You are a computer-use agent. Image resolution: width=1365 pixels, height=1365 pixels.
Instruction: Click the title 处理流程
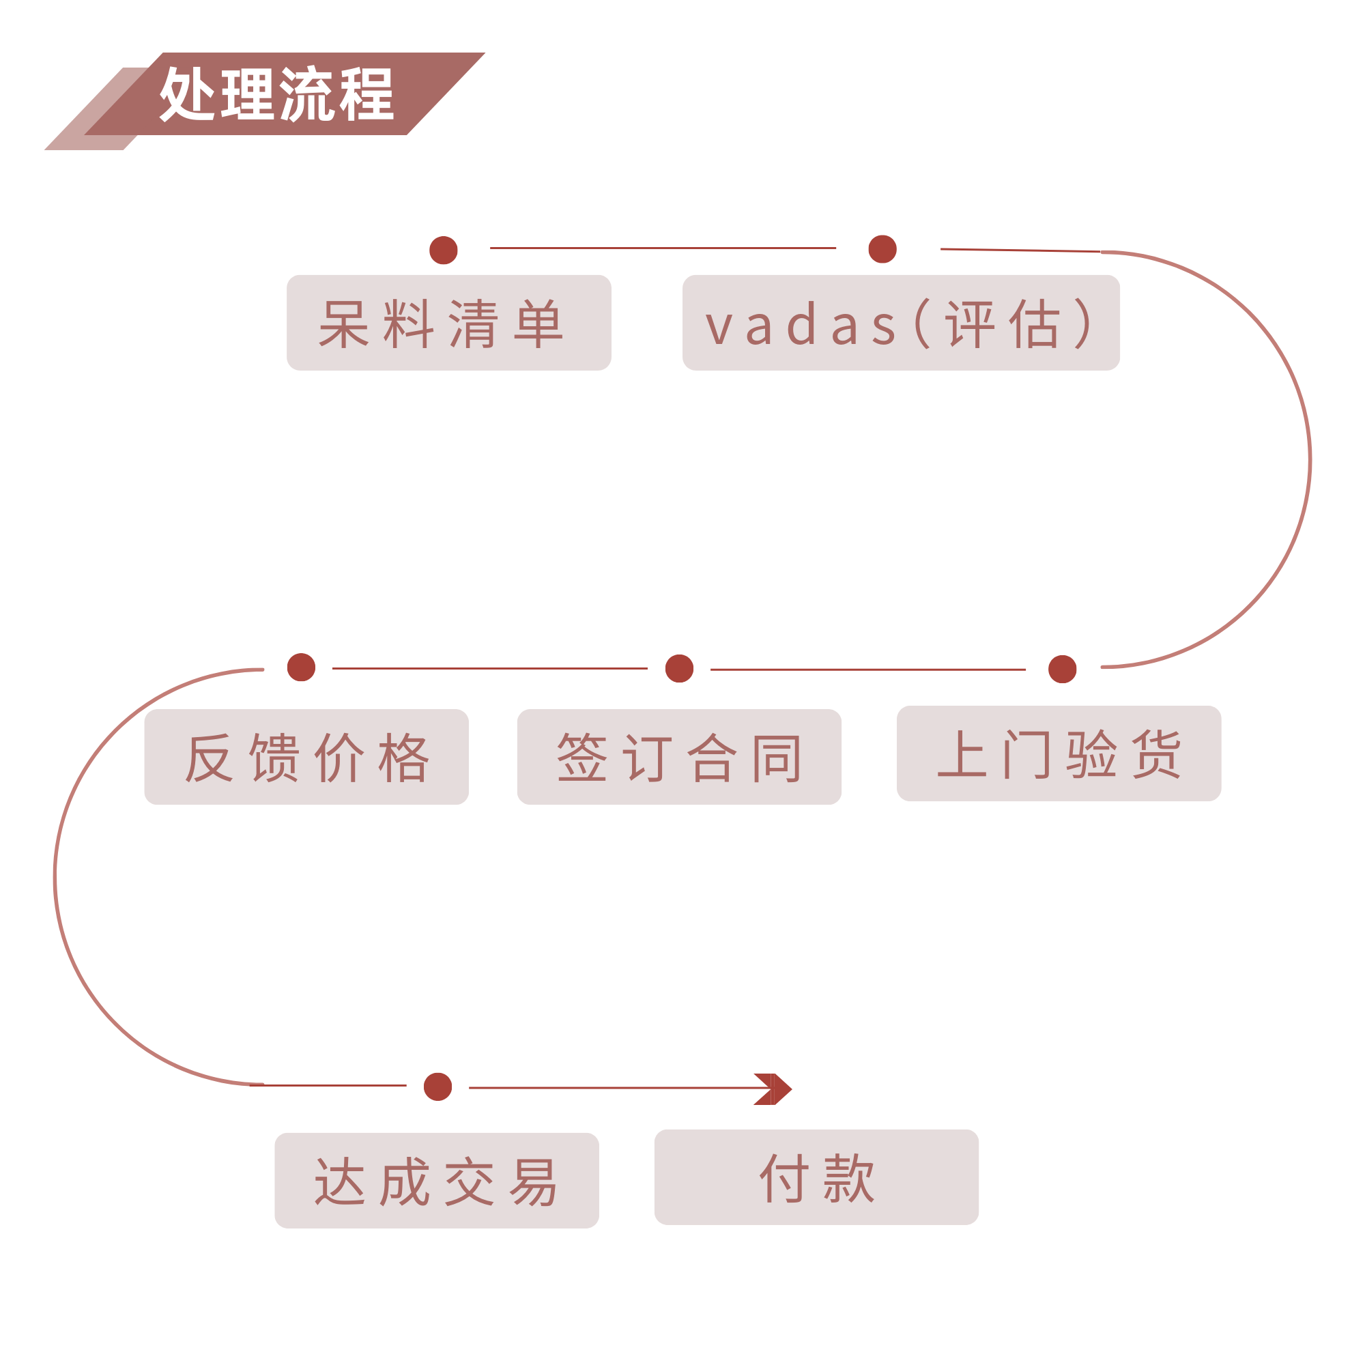click(x=276, y=94)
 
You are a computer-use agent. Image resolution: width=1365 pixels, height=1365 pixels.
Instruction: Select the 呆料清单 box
click(x=448, y=322)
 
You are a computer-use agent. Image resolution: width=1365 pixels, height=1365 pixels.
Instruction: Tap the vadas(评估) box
click(x=901, y=322)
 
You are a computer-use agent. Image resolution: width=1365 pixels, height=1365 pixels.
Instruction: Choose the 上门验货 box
click(x=1059, y=754)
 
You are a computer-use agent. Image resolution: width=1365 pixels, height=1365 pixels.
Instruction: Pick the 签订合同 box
click(x=679, y=758)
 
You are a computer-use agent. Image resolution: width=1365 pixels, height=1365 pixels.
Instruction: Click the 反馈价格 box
click(x=306, y=758)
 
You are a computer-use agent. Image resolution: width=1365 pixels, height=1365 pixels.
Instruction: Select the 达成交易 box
click(x=437, y=1181)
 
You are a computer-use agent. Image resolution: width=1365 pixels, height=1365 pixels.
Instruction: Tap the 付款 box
click(x=816, y=1177)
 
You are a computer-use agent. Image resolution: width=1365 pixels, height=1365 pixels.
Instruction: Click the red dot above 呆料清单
click(x=444, y=250)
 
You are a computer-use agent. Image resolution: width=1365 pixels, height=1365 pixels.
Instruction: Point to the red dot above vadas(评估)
click(x=882, y=248)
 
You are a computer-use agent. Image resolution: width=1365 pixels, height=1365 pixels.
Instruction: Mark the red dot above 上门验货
click(x=1063, y=669)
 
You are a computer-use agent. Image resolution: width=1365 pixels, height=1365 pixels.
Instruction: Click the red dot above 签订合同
click(x=680, y=668)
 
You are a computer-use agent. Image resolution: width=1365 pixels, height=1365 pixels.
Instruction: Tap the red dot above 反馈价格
click(x=301, y=667)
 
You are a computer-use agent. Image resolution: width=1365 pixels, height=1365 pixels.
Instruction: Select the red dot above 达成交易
click(x=438, y=1087)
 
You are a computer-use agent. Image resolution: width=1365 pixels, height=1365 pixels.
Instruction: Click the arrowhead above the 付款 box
click(x=775, y=1089)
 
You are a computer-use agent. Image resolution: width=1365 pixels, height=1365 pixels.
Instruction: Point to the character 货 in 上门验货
click(x=1157, y=755)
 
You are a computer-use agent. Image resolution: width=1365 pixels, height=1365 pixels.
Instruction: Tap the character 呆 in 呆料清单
click(x=345, y=324)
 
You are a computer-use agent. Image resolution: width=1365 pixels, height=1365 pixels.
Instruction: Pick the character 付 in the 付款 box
click(x=784, y=1178)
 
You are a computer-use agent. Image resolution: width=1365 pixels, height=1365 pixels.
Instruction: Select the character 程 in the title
click(x=367, y=94)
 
